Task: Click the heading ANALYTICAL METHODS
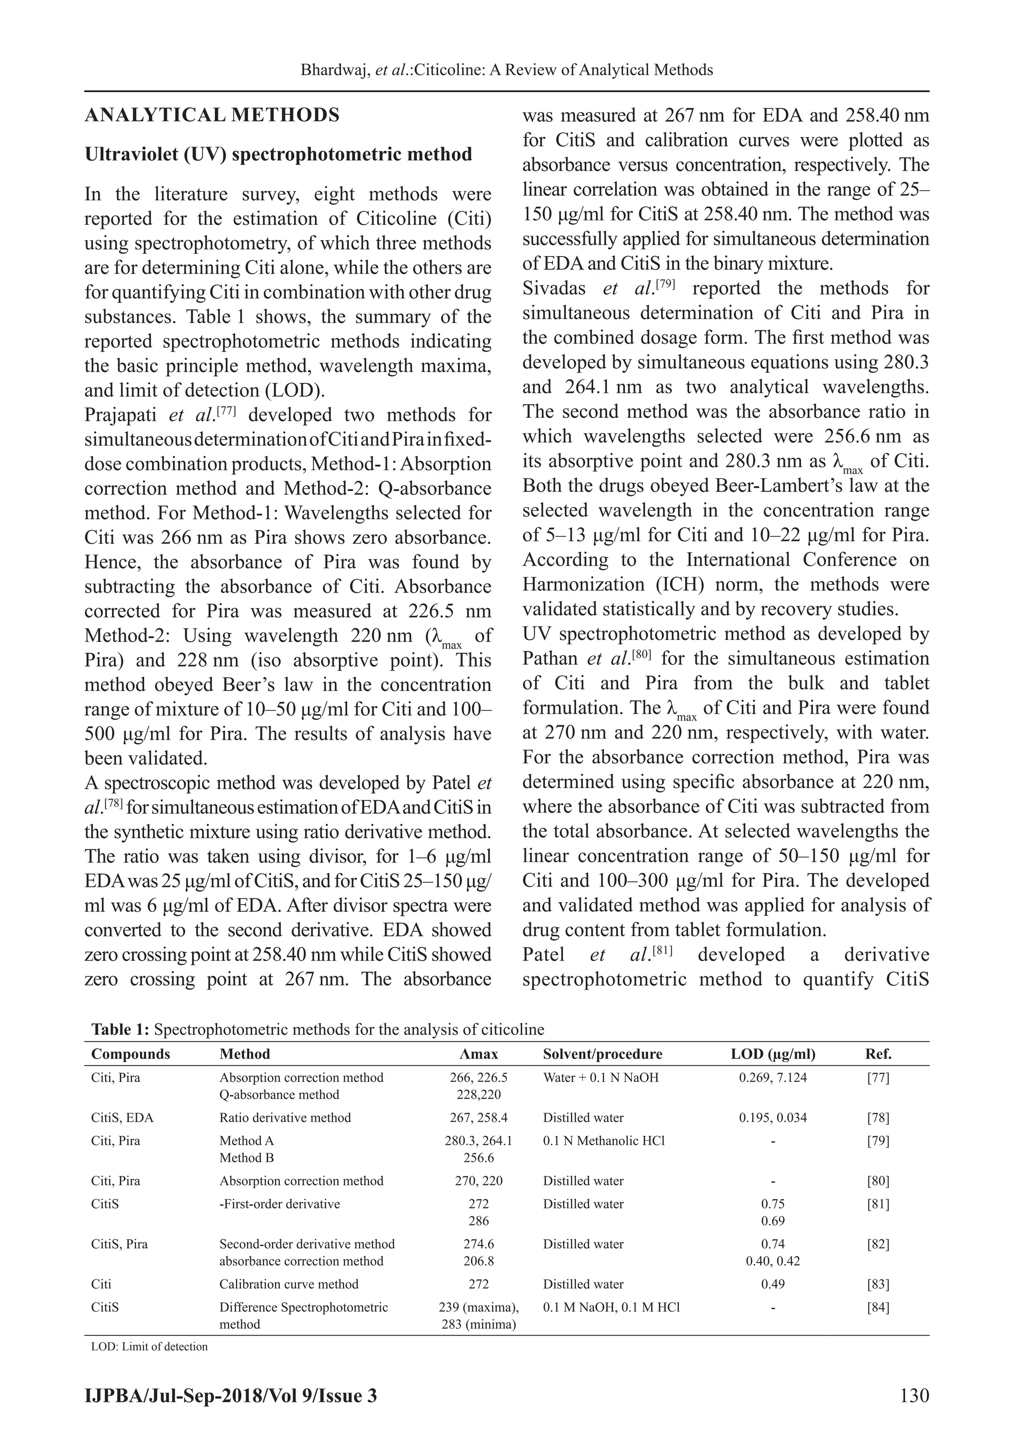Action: point(212,115)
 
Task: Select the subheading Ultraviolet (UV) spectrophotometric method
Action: point(278,154)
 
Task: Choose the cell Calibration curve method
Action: point(289,1284)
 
